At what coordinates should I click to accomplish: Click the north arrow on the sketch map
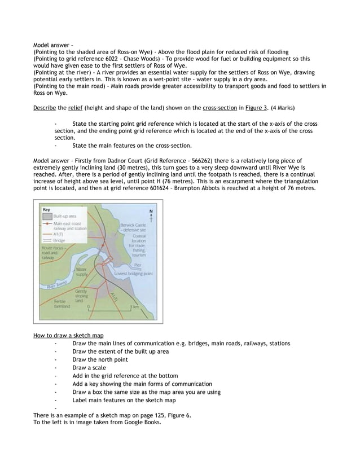151,215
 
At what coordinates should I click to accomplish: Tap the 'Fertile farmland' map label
62,304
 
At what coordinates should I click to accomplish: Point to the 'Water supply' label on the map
82,272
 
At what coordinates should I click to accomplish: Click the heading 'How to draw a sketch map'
68,336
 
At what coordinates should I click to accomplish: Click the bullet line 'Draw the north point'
100,359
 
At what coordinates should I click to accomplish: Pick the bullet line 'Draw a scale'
89,367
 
